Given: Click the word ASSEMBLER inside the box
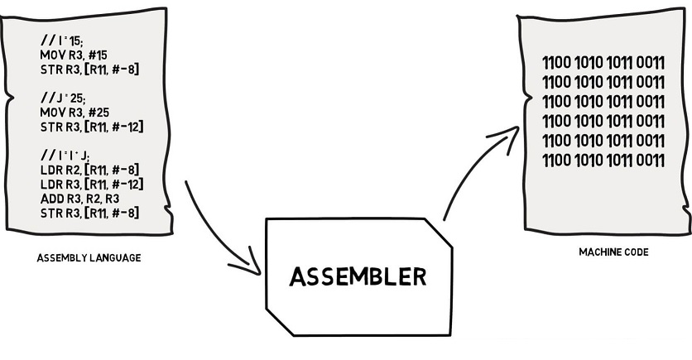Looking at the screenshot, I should click(x=358, y=276).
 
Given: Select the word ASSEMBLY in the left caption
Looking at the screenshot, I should click(x=60, y=258).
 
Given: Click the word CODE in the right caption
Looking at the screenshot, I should click(x=635, y=252).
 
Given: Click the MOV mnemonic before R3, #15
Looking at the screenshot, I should click(x=51, y=54).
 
